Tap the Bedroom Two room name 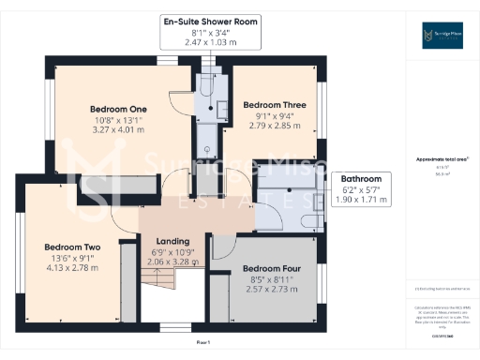pos(68,247)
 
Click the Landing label pos(172,241)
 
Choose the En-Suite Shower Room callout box pos(209,32)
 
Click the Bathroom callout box pos(361,189)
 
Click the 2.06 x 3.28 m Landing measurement pos(172,263)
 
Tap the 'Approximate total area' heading pos(441,159)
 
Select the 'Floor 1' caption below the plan pos(202,343)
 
